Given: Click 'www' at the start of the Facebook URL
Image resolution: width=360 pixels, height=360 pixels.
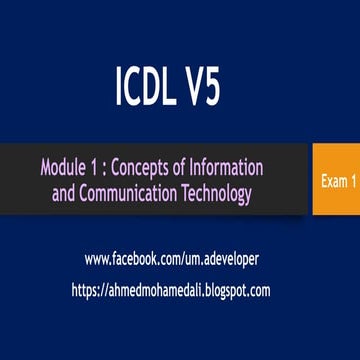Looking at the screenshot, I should tap(98, 259).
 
